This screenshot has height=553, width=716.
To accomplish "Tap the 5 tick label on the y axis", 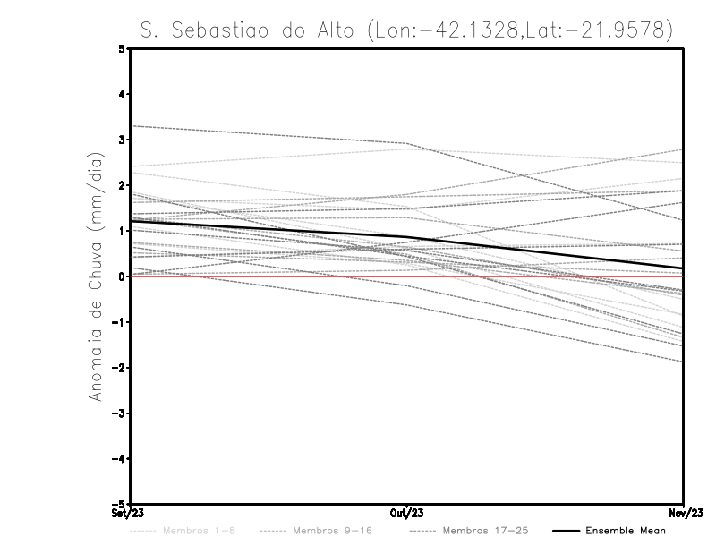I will (x=123, y=48).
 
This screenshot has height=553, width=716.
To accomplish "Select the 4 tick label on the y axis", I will (x=123, y=94).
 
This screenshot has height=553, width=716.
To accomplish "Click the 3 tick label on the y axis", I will (x=123, y=140).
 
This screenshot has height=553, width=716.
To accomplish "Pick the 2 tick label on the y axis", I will (x=123, y=185).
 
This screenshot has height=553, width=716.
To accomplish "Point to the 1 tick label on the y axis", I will (x=123, y=231).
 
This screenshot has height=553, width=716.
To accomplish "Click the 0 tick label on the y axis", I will (x=123, y=276).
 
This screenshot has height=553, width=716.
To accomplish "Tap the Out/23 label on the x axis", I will (x=406, y=514).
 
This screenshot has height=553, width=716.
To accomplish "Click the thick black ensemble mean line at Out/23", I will (x=406, y=237).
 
